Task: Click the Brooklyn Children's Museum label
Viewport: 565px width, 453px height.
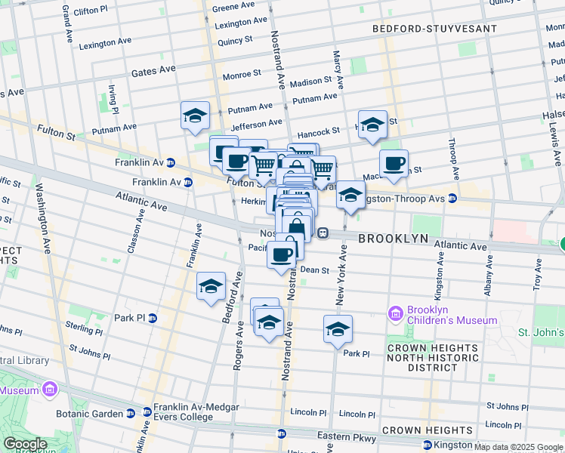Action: tap(452, 315)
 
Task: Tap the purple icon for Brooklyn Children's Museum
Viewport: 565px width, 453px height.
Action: tap(396, 313)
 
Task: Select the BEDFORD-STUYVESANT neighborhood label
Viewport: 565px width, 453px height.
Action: tap(434, 29)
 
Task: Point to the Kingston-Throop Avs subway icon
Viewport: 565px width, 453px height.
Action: tap(452, 199)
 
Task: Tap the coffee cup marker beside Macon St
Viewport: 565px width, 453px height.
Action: tap(393, 162)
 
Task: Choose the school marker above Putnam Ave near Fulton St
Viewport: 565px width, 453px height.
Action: tap(195, 116)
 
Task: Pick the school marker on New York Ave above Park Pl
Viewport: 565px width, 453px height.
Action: tap(338, 328)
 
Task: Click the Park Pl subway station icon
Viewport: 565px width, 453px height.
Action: tap(152, 318)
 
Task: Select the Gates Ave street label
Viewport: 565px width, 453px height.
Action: tap(153, 70)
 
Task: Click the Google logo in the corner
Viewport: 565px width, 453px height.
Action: tap(25, 444)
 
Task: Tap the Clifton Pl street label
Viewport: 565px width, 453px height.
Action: tap(96, 11)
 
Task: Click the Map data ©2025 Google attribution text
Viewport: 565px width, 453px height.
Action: tap(518, 447)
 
